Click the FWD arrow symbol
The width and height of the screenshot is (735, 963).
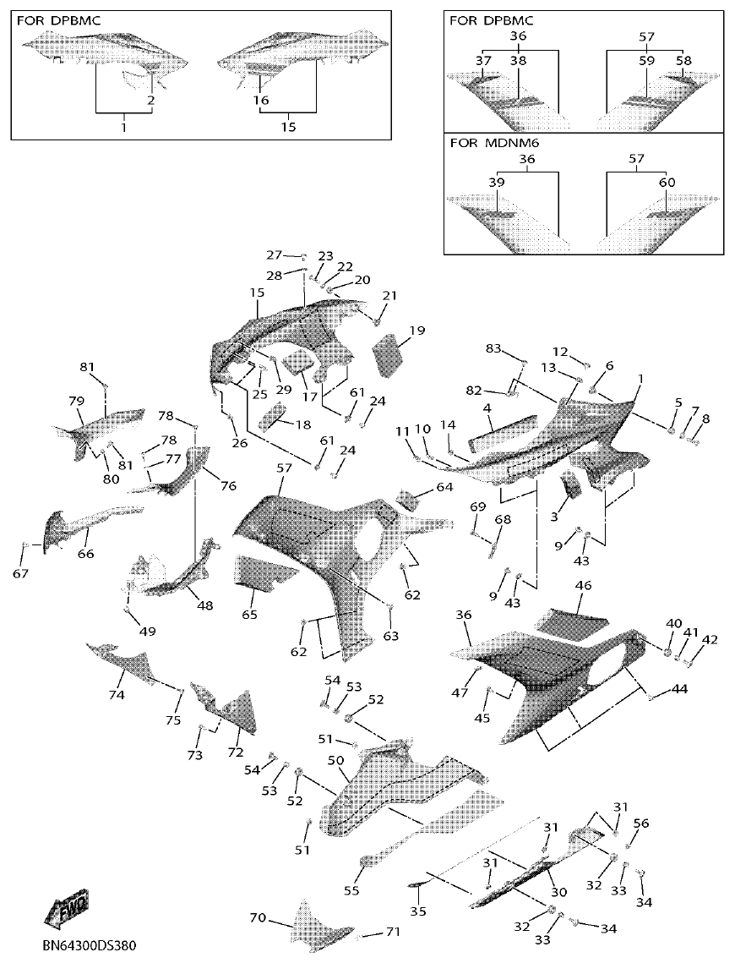pyautogui.click(x=65, y=910)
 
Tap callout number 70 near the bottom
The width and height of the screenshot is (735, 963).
pyautogui.click(x=259, y=917)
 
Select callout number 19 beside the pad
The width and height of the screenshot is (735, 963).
pyautogui.click(x=416, y=330)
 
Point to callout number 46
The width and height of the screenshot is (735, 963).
pyautogui.click(x=584, y=585)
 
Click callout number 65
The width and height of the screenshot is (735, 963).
pyautogui.click(x=249, y=614)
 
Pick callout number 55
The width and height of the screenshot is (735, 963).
pyautogui.click(x=351, y=890)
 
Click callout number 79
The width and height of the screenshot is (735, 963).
pyautogui.click(x=76, y=400)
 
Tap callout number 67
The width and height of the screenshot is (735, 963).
pyautogui.click(x=20, y=574)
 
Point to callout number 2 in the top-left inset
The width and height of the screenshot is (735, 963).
pyautogui.click(x=150, y=100)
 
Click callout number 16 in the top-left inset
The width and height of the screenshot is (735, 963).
pyautogui.click(x=261, y=100)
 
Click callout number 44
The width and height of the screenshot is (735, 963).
pyautogui.click(x=680, y=689)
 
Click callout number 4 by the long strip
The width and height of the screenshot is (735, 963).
pyautogui.click(x=487, y=408)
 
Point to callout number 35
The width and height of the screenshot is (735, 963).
pyautogui.click(x=418, y=911)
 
